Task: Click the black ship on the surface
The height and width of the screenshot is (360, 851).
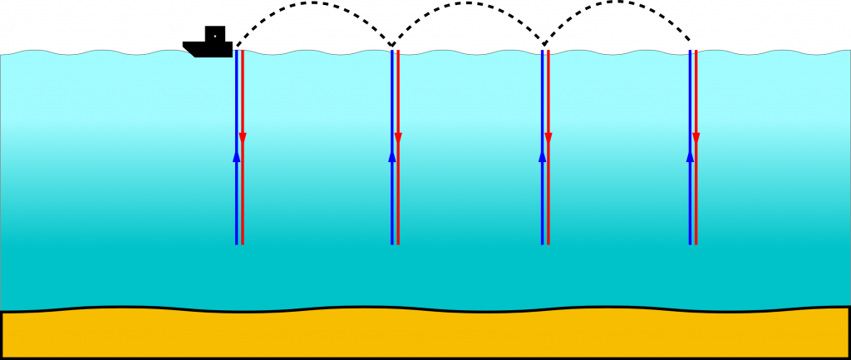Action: (207, 47)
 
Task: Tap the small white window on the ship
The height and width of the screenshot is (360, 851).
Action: (214, 36)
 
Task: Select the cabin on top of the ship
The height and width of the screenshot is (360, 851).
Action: (214, 34)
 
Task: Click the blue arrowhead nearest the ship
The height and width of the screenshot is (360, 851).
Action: (236, 155)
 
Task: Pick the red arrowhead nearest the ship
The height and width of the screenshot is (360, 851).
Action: (243, 137)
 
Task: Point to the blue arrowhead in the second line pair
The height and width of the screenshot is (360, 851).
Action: (392, 155)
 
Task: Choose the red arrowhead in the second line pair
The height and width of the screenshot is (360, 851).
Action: (398, 137)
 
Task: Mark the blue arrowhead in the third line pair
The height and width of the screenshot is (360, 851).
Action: (543, 155)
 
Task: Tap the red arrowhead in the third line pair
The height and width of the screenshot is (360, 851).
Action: (548, 137)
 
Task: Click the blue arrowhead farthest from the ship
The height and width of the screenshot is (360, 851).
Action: (690, 155)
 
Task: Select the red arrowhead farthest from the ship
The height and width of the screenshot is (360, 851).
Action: (696, 137)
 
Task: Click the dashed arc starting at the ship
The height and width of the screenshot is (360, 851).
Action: (314, 3)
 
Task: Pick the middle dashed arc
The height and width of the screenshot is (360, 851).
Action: (466, 3)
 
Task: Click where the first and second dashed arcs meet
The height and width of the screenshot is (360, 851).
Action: (391, 45)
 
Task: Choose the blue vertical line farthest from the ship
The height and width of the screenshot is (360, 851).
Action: (690, 200)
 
